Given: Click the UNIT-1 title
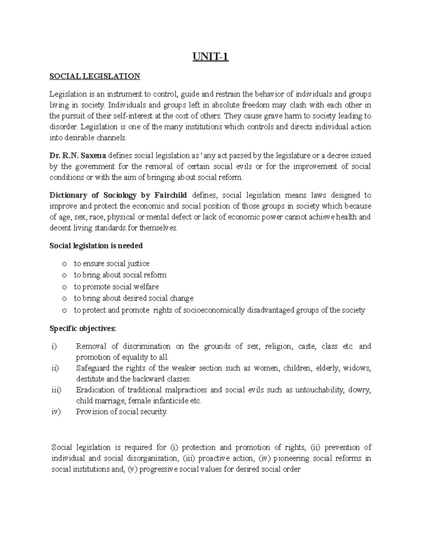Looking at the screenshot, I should click(210, 57).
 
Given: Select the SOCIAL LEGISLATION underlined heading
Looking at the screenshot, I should click(95, 76).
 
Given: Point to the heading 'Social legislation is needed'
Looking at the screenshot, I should click(96, 246).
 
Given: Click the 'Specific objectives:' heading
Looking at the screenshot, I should click(82, 329).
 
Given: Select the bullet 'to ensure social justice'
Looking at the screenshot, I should click(112, 264).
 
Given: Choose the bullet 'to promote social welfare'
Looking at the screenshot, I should click(116, 287).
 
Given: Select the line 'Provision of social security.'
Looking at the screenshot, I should click(122, 412).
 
